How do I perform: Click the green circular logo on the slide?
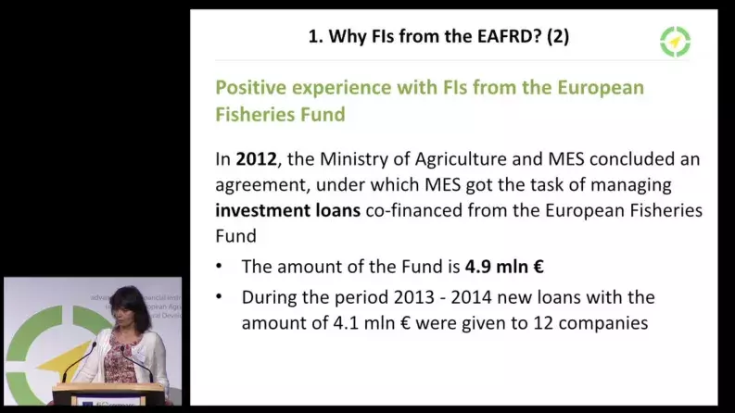pyautogui.click(x=675, y=41)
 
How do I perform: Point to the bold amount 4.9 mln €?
pyautogui.click(x=503, y=267)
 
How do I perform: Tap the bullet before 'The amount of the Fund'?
pyautogui.click(x=220, y=267)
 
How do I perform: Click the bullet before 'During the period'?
pyautogui.click(x=220, y=297)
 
